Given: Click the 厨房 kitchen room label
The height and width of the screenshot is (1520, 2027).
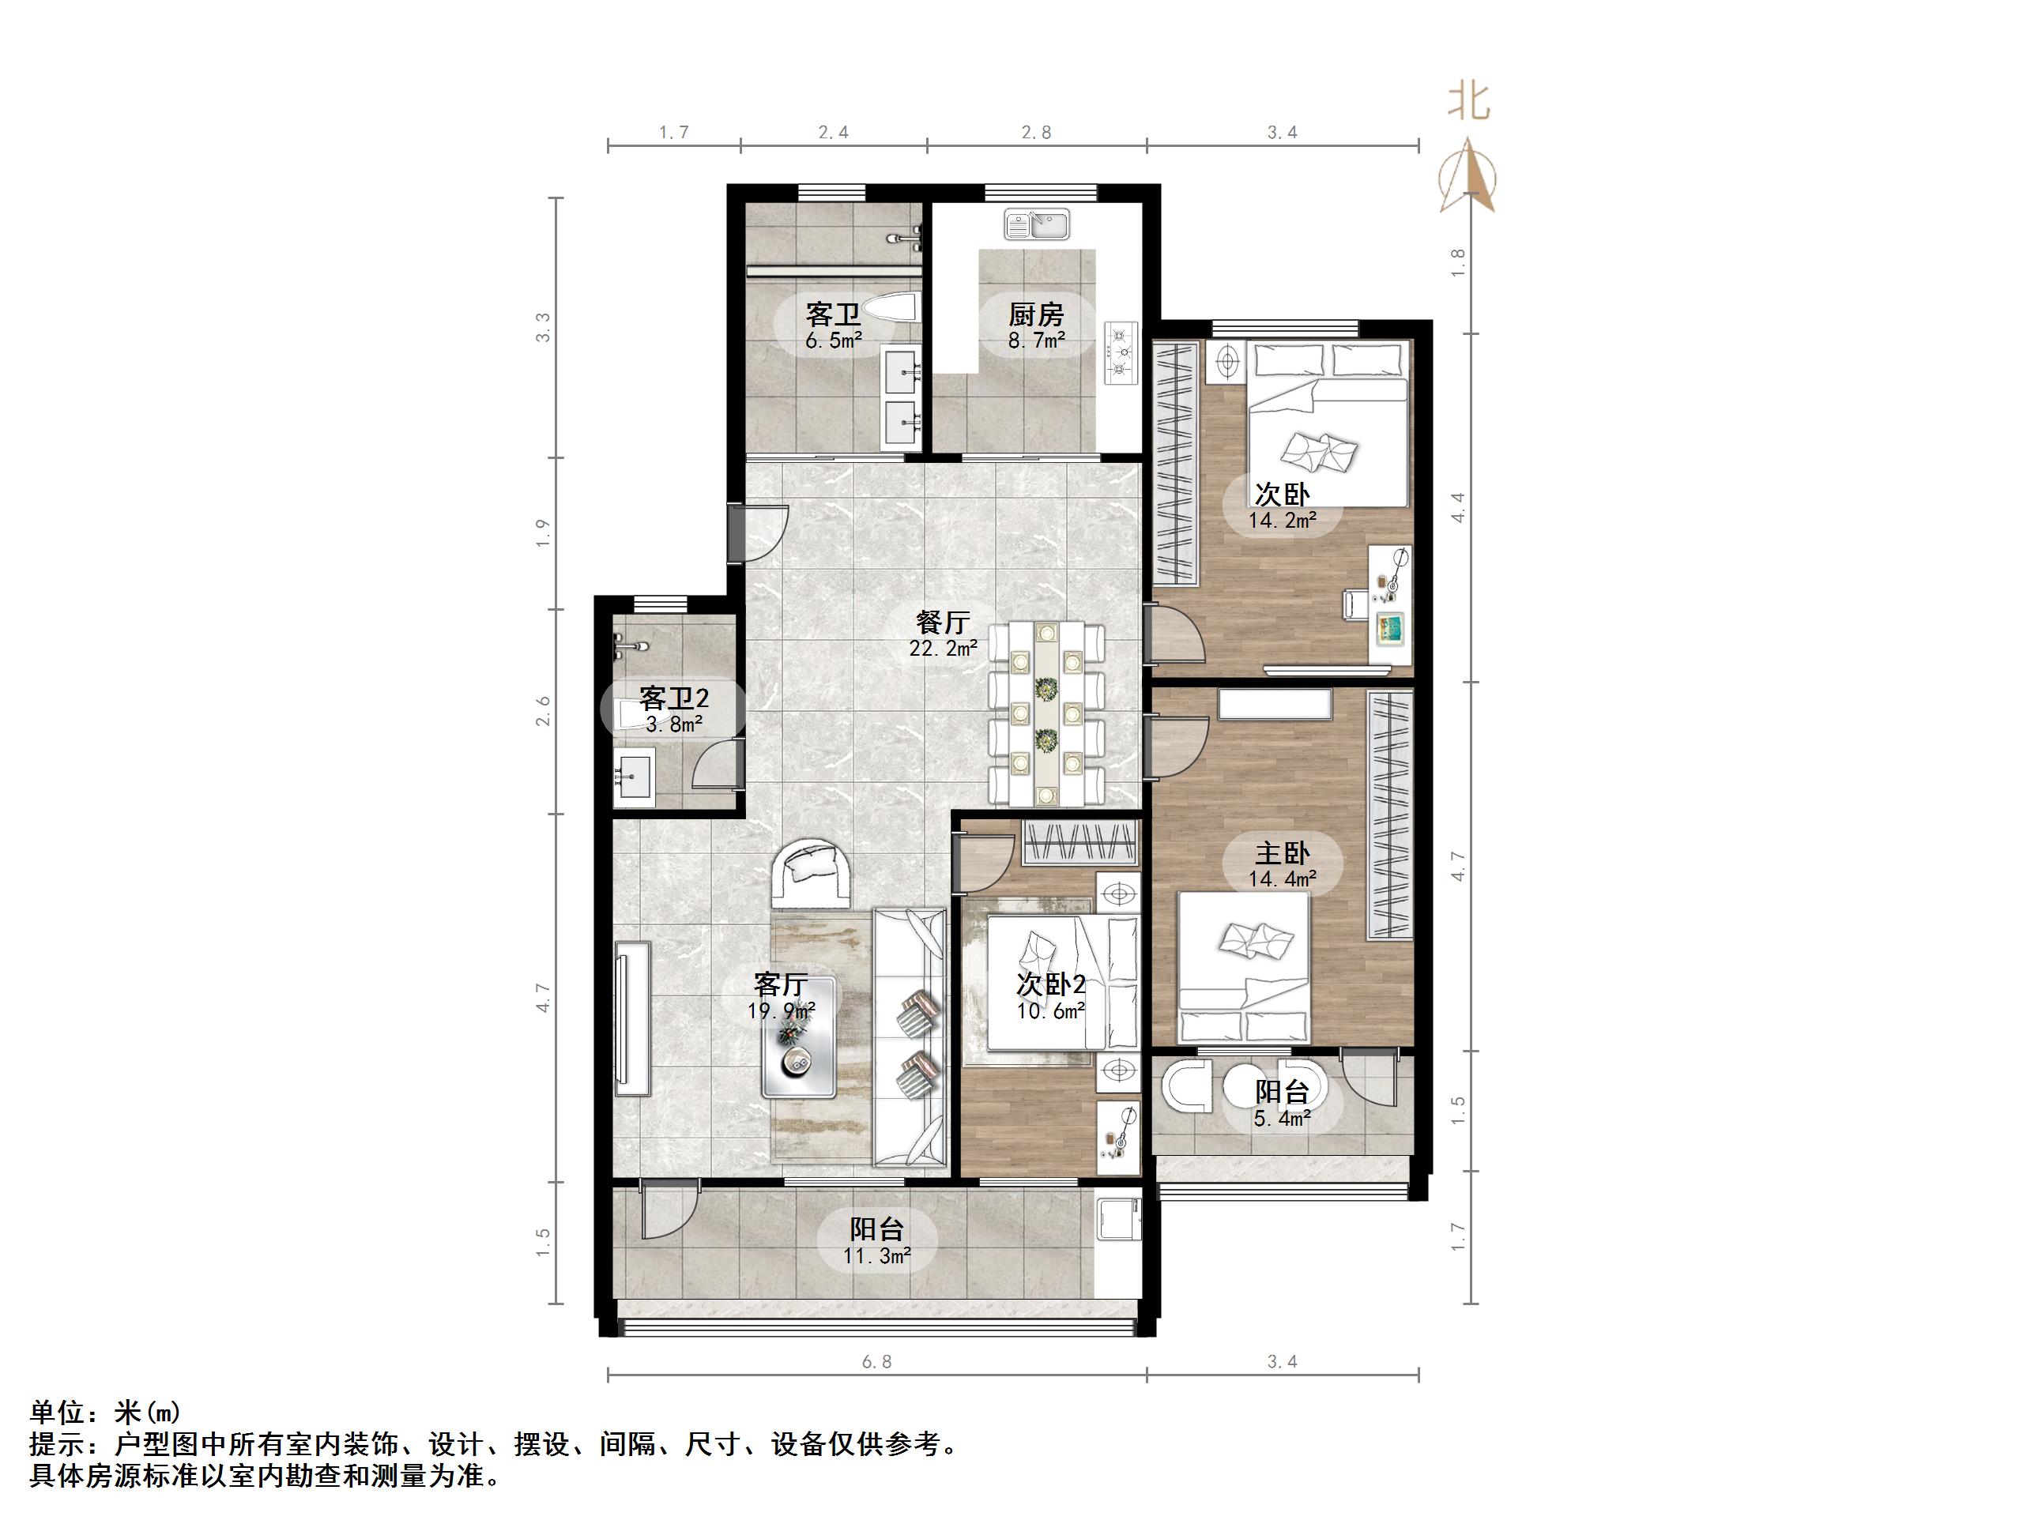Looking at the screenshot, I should pos(1035,315).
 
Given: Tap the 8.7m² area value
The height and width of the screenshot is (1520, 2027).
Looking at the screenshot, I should pos(1035,340).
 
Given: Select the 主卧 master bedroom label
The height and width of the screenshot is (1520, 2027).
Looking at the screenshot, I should pos(1281,854).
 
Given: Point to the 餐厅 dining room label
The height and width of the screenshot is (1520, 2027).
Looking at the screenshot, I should pos(942,623).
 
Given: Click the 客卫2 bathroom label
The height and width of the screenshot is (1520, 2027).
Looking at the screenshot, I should pos(673,699).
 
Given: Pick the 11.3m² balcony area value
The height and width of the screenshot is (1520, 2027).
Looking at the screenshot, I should pos(877,1256).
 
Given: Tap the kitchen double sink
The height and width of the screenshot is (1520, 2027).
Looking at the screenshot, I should pos(1036,224).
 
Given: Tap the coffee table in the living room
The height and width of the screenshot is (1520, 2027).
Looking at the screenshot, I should pos(798,1037).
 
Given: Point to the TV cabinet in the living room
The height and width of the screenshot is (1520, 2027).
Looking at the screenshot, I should pos(633,1017).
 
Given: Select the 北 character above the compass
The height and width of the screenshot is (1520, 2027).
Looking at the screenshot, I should pos(1469,103).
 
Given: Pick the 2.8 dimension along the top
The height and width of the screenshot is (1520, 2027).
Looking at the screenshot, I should pos(1035,133).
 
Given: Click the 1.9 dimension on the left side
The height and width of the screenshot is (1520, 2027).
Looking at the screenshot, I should pos(544,532).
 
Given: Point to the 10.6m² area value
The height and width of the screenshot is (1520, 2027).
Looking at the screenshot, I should pos(1050,1011).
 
